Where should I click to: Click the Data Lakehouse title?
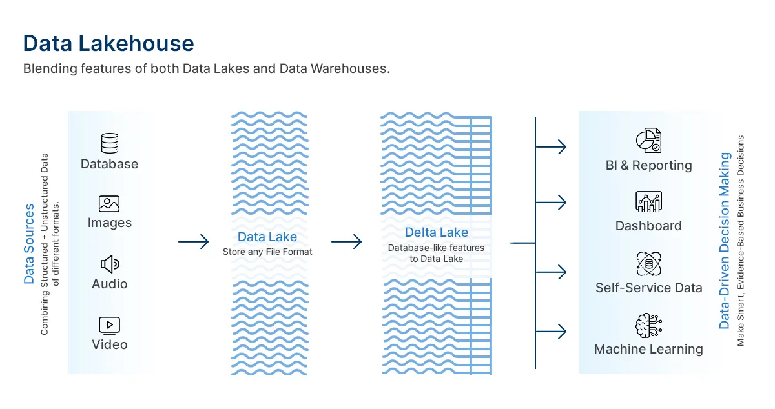point(108,44)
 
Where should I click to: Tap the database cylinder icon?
point(110,143)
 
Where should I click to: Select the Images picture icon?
point(109,204)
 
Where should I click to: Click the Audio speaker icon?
point(110,264)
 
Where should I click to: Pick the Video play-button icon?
point(109,325)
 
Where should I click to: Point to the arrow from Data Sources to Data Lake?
point(193,242)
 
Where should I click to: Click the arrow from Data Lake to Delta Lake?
point(346,242)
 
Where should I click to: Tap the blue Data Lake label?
point(267,237)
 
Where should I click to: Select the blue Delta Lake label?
point(437,232)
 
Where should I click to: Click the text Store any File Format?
point(267,252)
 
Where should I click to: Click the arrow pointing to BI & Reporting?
point(551,147)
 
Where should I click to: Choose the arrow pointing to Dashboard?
point(551,203)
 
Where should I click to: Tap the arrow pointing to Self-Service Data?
point(551,272)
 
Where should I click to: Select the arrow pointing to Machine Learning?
point(551,332)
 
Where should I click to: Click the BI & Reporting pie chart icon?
point(648,141)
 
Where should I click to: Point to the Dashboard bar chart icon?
point(648,201)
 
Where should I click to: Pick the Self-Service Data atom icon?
point(648,264)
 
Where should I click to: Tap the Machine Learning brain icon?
point(648,325)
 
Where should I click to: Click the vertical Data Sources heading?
point(29,244)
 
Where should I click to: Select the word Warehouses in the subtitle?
point(350,68)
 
